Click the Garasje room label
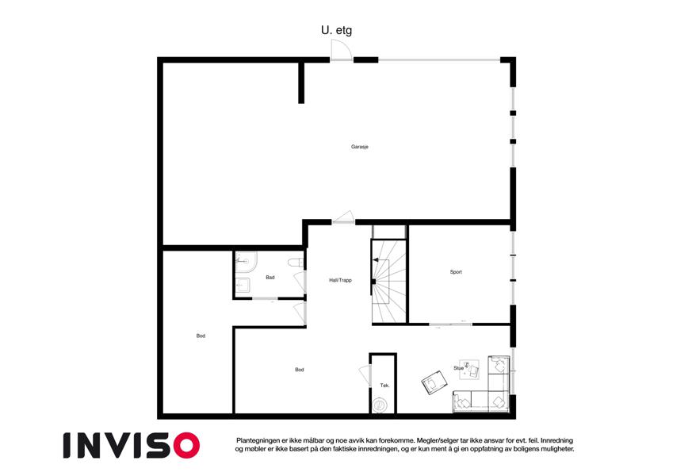point(360,147)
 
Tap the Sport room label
point(456,272)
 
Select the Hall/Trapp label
point(340,280)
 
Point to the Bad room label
point(270,278)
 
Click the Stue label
point(458,368)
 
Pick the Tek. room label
point(384,386)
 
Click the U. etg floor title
point(336,30)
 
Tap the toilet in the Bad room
point(296,262)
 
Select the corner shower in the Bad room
point(246,262)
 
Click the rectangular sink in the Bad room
point(243,285)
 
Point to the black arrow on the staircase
point(377,259)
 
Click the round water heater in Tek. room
point(380,405)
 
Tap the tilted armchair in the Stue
point(434,382)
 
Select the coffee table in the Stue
point(469,370)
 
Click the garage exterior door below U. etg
point(341,51)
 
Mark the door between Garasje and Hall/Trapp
point(343,217)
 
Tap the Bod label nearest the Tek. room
point(299,370)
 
